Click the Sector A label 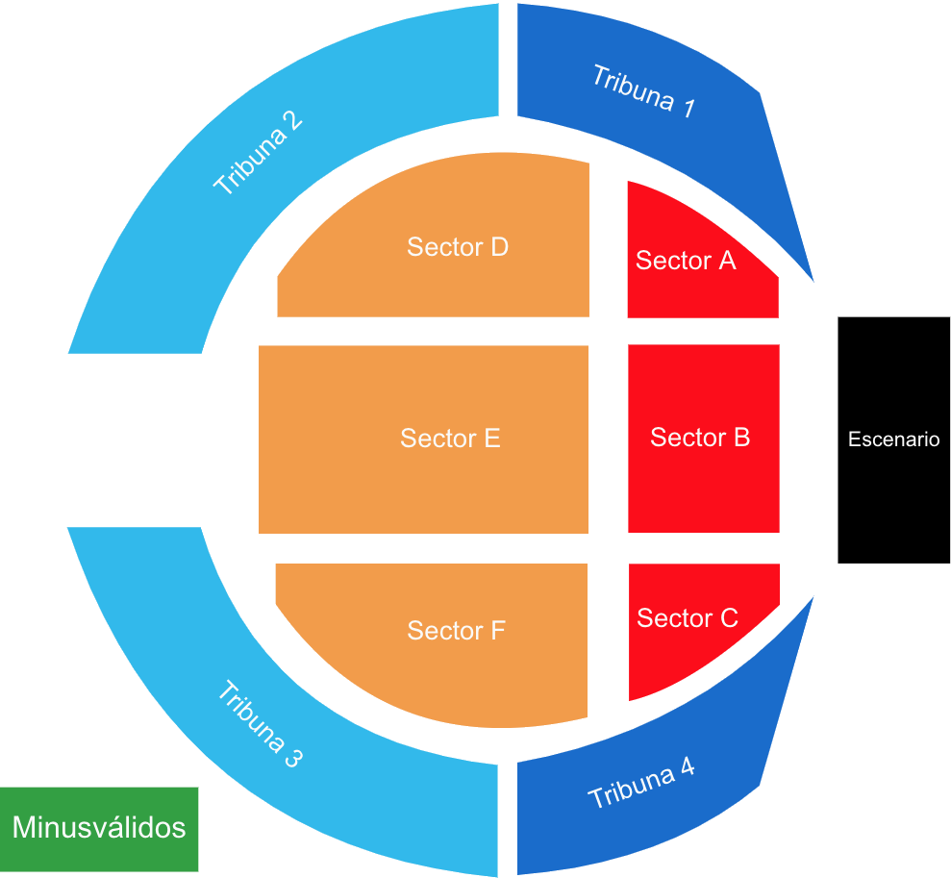click(x=686, y=260)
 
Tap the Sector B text click(x=700, y=438)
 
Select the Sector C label click(x=688, y=617)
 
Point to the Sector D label click(x=458, y=247)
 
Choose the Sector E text click(x=450, y=439)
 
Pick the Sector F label click(x=456, y=631)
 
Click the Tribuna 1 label click(x=643, y=91)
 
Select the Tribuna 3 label click(x=260, y=725)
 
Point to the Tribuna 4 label click(x=641, y=784)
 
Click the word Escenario click(x=893, y=439)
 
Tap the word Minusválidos click(x=99, y=827)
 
